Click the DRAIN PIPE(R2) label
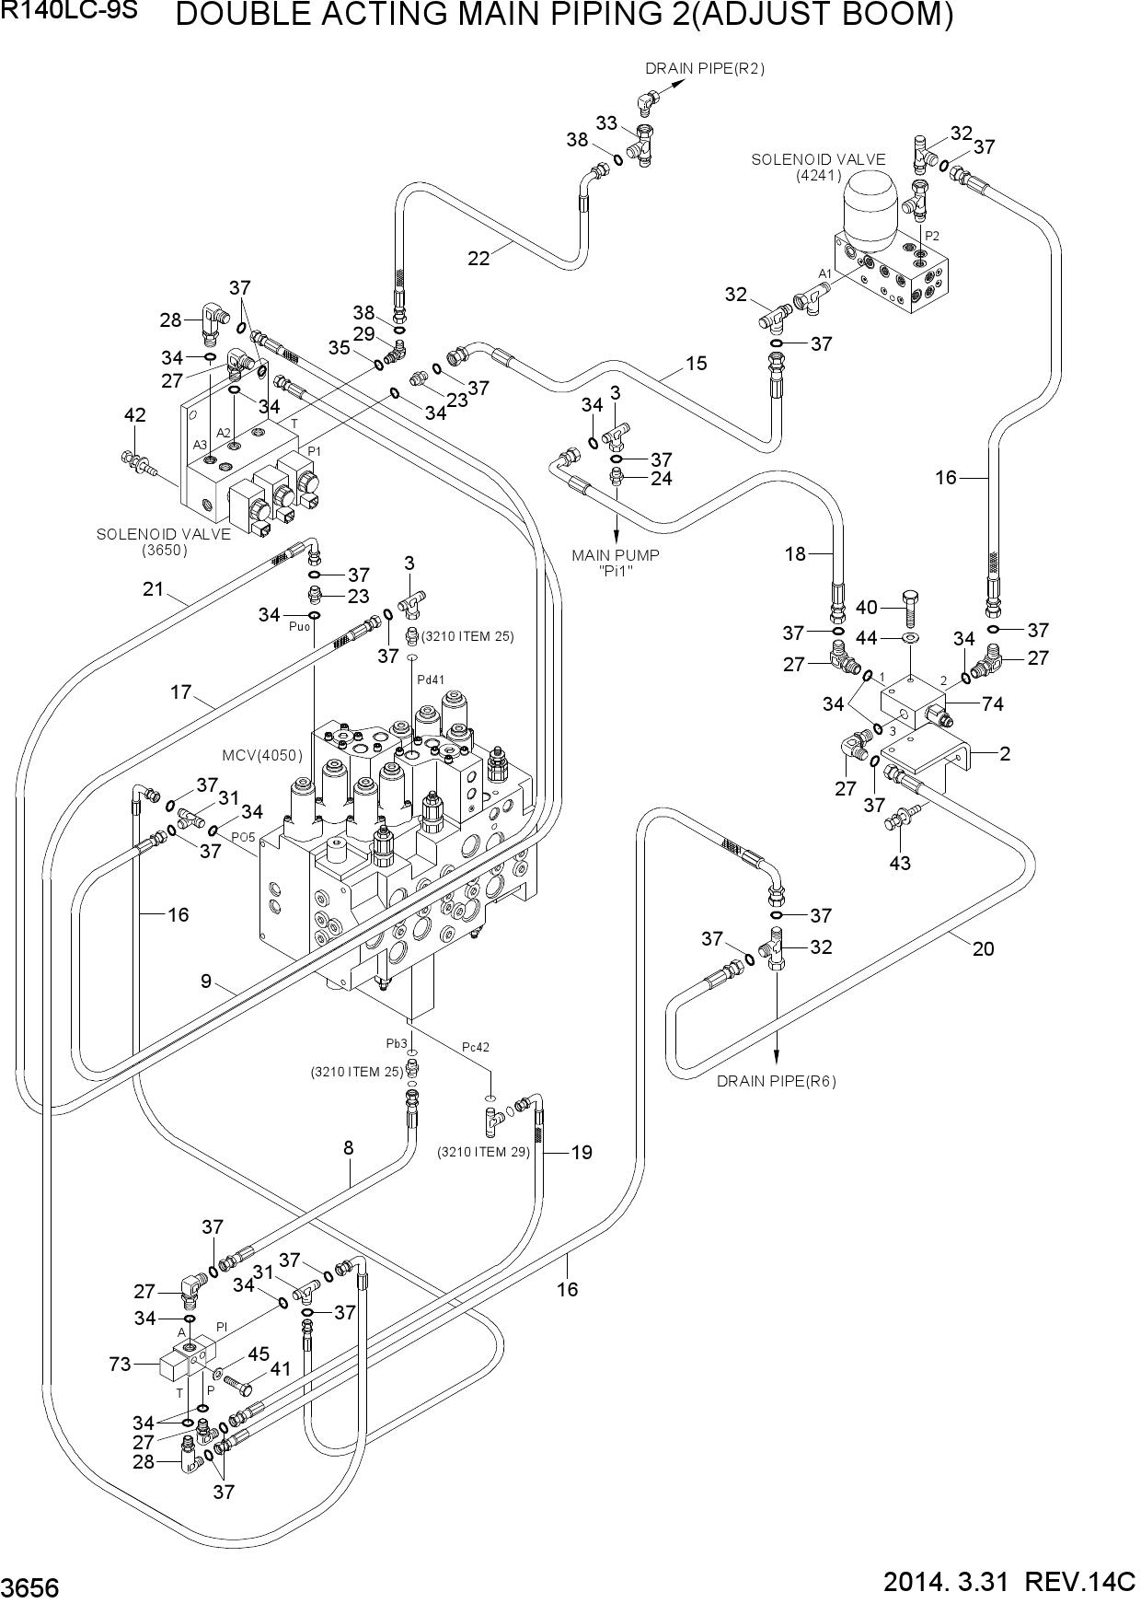[704, 68]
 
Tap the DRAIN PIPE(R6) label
[777, 1081]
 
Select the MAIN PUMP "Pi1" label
[616, 562]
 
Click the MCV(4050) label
[262, 755]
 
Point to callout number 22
[478, 259]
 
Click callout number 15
[696, 364]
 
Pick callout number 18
[795, 553]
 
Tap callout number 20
[983, 948]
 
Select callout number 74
[992, 704]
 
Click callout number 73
[121, 1364]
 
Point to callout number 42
[134, 415]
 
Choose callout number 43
[900, 863]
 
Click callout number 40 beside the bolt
[867, 607]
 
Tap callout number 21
[153, 588]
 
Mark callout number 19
[582, 1152]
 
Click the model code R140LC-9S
[70, 12]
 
